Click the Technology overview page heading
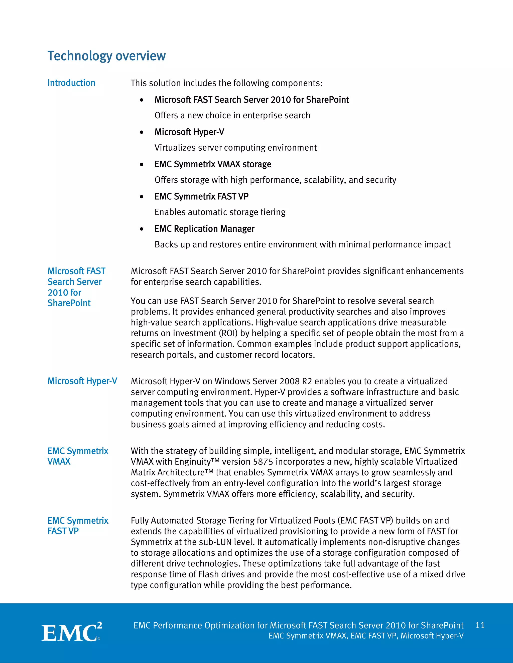(106, 56)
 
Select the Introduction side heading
(71, 83)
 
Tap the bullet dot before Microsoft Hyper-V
(141, 132)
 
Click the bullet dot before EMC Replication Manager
(141, 229)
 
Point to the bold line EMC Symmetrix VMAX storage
(213, 164)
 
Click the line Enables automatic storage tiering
(220, 212)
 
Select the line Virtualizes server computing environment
(235, 148)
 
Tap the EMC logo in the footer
(71, 632)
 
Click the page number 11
(480, 625)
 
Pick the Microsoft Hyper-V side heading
(82, 381)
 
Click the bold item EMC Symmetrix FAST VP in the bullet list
(201, 196)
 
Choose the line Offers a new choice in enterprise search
(232, 116)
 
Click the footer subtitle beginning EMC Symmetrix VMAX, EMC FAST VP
(366, 636)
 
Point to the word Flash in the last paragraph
(208, 574)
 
